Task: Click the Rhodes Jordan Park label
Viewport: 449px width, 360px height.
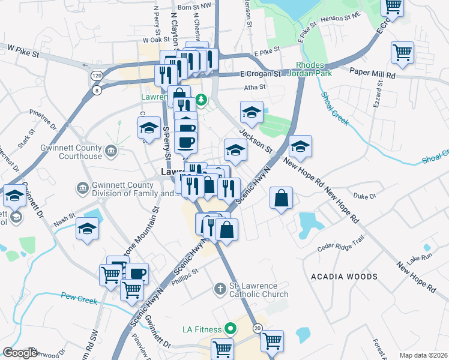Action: (x=310, y=70)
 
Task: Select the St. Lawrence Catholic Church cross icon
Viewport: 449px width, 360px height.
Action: (x=220, y=289)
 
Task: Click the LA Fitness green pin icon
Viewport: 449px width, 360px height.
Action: (x=229, y=328)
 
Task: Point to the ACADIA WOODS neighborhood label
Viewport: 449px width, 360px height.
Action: (x=345, y=277)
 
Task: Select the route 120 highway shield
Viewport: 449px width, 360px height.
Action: (x=97, y=76)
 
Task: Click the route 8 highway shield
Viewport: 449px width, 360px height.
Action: (x=97, y=90)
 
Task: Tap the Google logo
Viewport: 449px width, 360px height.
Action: (x=20, y=353)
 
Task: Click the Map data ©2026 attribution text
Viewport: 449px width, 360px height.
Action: (x=423, y=355)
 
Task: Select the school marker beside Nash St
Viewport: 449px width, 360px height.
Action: (x=88, y=229)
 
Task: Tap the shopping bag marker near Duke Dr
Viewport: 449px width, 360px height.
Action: (x=281, y=197)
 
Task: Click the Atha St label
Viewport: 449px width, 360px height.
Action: (x=255, y=87)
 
